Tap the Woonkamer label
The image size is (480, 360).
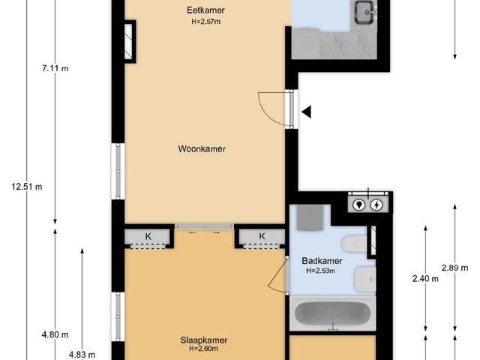[202, 148]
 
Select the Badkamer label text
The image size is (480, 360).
[322, 261]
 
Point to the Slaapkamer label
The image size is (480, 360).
[202, 339]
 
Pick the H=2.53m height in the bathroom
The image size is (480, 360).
[322, 271]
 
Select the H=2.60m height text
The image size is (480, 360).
[202, 349]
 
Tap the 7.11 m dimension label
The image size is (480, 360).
[55, 69]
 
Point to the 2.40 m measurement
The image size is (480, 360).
[425, 278]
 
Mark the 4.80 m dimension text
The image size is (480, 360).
[55, 334]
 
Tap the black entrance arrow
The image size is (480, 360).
[307, 112]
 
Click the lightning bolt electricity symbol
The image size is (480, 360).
[377, 203]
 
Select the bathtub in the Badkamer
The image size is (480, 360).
[331, 314]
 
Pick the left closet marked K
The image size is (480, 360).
[148, 237]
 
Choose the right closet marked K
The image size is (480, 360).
[262, 237]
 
